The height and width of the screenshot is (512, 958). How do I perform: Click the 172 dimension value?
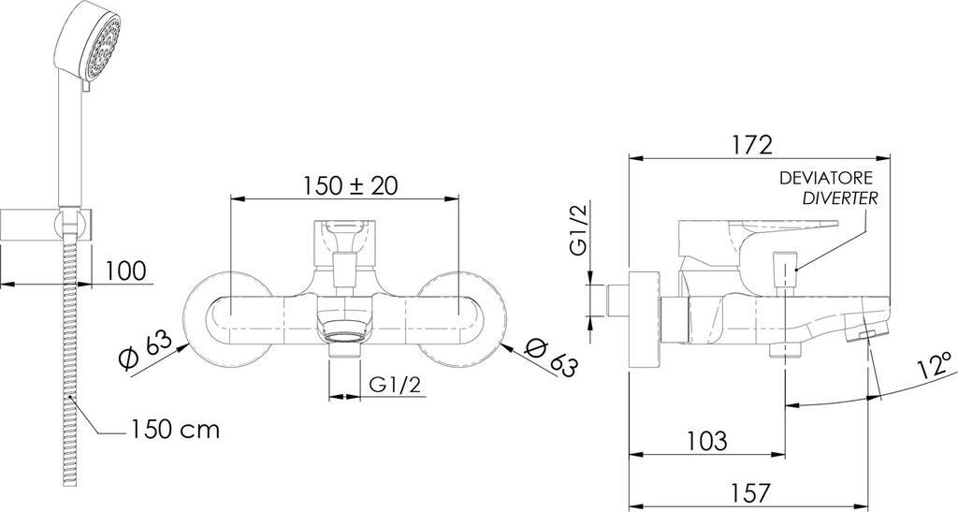(751, 144)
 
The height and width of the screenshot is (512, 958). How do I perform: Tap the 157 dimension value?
(750, 492)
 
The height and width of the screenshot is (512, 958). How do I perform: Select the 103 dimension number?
(707, 441)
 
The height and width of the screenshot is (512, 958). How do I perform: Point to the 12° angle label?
(935, 367)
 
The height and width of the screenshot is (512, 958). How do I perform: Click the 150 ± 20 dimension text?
(351, 185)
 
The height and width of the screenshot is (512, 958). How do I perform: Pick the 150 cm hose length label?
(175, 430)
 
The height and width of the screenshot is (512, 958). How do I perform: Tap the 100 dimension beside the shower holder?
(126, 271)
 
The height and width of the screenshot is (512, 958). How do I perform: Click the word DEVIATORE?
(826, 179)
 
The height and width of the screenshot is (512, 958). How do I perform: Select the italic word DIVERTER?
(840, 198)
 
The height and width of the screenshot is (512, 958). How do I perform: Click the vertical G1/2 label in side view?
(577, 229)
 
